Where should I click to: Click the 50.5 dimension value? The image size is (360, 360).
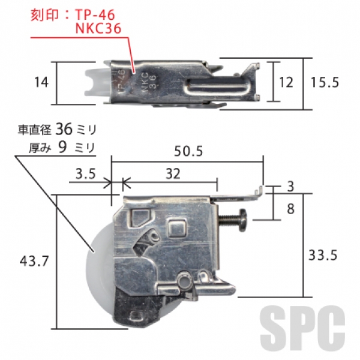(188, 151)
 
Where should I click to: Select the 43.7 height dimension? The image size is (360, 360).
(34, 261)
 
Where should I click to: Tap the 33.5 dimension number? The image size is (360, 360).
(323, 255)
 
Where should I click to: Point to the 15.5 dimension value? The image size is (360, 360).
(325, 82)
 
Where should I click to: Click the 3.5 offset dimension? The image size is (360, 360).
(85, 174)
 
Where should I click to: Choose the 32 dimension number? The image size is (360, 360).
(173, 174)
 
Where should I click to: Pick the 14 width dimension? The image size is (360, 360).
(41, 82)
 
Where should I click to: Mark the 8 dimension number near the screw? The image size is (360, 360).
(290, 209)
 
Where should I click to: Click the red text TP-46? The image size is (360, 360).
(95, 16)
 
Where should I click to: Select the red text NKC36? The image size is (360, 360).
(98, 29)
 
